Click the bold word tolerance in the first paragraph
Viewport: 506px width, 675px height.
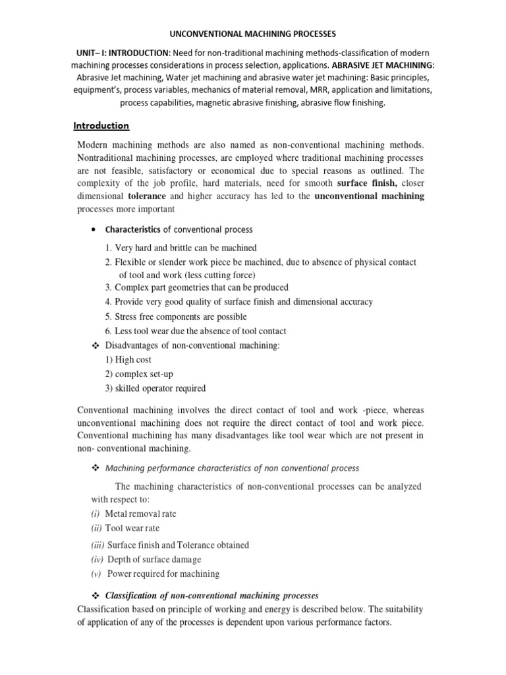(147, 196)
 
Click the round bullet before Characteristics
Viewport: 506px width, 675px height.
(93, 230)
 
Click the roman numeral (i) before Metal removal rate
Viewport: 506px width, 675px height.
(96, 514)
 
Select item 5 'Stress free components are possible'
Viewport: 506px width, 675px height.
(186, 316)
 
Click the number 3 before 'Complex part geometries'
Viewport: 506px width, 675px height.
(109, 287)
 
